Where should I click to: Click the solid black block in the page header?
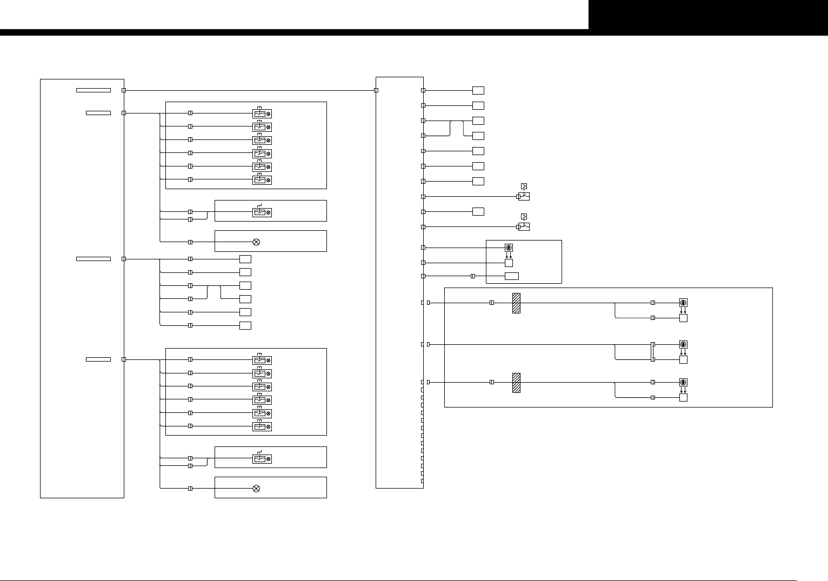pyautogui.click(x=708, y=15)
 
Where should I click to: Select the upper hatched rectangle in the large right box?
pyautogui.click(x=516, y=303)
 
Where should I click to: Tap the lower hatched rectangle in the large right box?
pyautogui.click(x=516, y=383)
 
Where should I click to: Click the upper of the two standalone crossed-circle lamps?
pyautogui.click(x=256, y=242)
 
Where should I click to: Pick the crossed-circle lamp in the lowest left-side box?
pyautogui.click(x=256, y=489)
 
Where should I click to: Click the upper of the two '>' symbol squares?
pyautogui.click(x=524, y=186)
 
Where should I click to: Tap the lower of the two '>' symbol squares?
pyautogui.click(x=524, y=217)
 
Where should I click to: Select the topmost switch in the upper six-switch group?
pyautogui.click(x=262, y=113)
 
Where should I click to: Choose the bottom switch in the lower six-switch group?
pyautogui.click(x=262, y=427)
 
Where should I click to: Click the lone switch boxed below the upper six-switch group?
pyautogui.click(x=262, y=212)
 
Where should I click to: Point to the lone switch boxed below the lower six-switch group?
pyautogui.click(x=262, y=459)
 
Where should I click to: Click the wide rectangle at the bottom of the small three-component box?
pyautogui.click(x=512, y=276)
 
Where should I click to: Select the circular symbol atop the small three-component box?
pyautogui.click(x=509, y=248)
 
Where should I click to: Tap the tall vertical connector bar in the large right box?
pyautogui.click(x=653, y=351)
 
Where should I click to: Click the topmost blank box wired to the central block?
pyautogui.click(x=478, y=90)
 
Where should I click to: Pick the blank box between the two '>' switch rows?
pyautogui.click(x=478, y=211)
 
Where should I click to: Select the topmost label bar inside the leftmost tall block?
pyautogui.click(x=94, y=90)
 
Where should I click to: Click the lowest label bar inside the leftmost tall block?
pyautogui.click(x=98, y=359)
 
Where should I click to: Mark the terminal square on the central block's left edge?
pyautogui.click(x=376, y=90)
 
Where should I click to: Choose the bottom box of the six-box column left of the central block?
pyautogui.click(x=245, y=325)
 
